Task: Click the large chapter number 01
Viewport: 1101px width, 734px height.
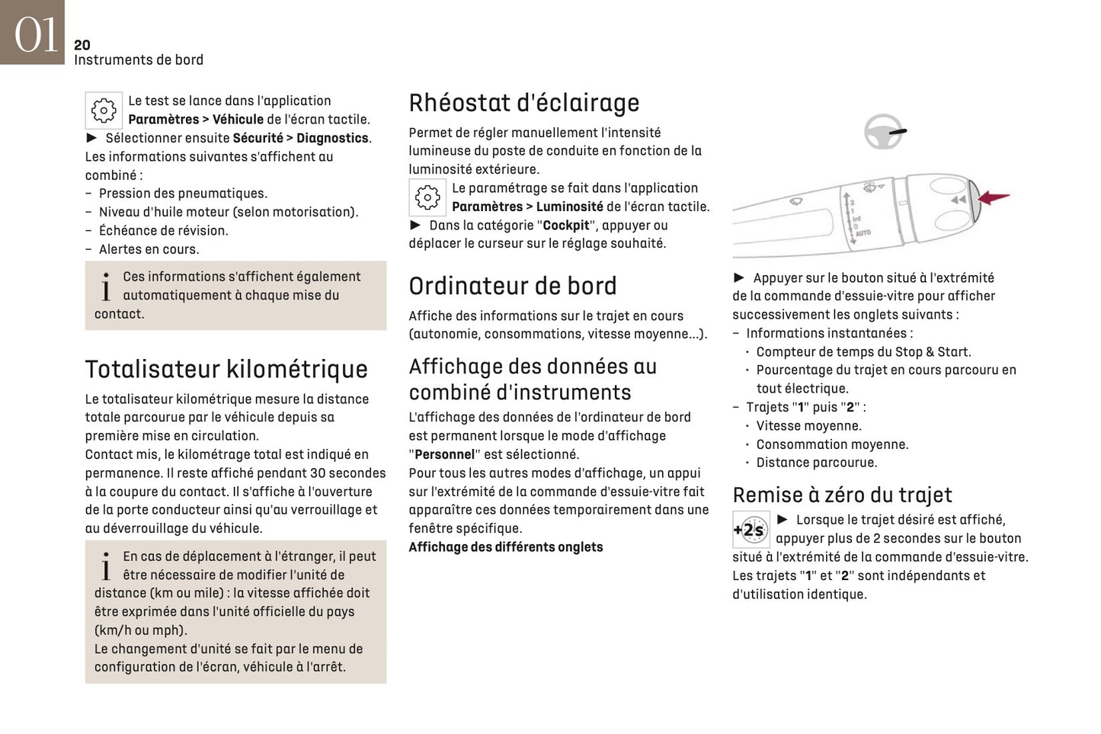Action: pos(35,34)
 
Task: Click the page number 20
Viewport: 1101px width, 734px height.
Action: pos(82,45)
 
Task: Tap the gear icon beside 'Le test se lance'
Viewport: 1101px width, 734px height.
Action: pos(104,111)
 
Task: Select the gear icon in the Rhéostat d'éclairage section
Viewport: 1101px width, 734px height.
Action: pos(427,198)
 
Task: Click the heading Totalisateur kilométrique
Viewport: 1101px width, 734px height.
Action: pos(226,369)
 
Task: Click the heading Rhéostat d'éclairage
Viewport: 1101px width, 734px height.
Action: pos(523,103)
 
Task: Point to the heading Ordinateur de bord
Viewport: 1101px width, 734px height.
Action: pos(512,286)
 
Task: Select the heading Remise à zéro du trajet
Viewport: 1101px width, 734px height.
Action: pos(842,495)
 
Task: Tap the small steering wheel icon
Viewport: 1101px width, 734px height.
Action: pos(884,131)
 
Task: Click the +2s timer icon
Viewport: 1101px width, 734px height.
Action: pos(751,530)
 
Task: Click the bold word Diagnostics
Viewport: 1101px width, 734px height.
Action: pos(332,138)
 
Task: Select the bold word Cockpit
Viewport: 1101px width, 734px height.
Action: pos(565,226)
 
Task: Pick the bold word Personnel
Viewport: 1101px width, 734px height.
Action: pos(444,454)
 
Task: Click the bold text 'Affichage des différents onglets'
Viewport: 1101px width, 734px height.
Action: pos(505,547)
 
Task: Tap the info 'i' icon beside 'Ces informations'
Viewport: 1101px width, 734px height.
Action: pos(106,287)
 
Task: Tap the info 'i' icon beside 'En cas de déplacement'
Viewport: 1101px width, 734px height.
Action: pos(106,566)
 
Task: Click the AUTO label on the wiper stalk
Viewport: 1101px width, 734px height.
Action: pos(863,232)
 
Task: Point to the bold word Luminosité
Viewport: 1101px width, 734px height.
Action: pos(569,207)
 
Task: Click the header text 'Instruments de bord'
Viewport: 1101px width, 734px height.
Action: pos(139,60)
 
